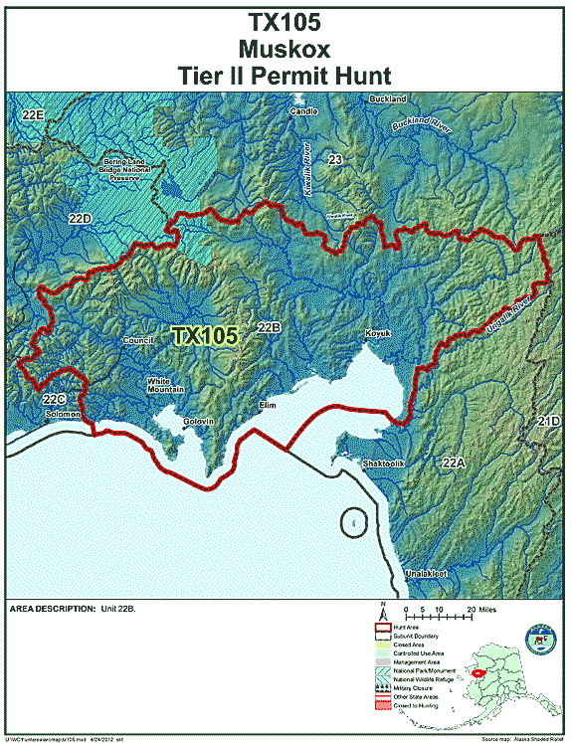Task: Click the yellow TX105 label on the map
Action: [204, 336]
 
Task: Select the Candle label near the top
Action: [303, 111]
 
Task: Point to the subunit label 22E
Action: [34, 116]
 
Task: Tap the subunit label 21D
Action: [549, 422]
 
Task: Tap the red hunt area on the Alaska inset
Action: [480, 671]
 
